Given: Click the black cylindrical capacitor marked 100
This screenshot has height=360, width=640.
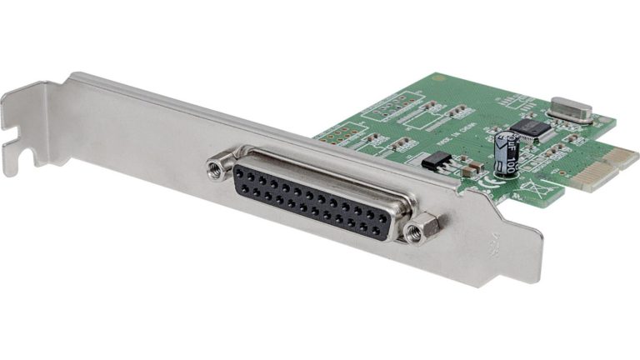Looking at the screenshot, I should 506,152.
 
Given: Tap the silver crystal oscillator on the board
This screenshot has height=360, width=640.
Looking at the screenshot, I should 570,109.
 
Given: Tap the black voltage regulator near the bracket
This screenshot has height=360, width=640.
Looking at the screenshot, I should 436,162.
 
